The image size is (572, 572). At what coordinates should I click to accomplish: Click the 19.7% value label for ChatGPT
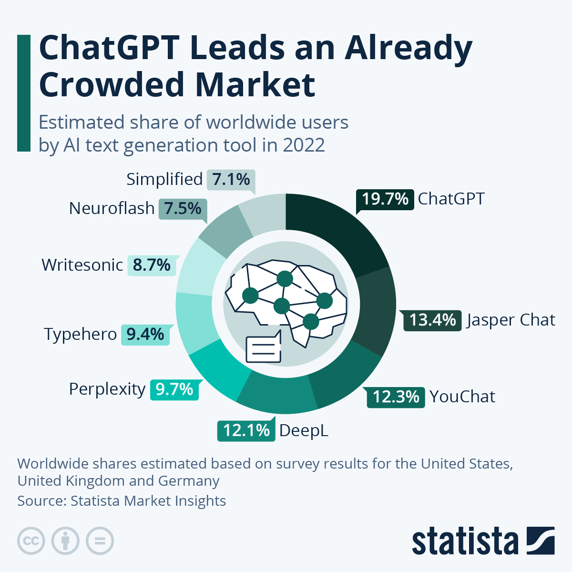pos(385,199)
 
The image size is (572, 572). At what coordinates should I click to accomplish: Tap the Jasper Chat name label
pos(511,320)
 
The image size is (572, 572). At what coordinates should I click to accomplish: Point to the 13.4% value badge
pos(432,320)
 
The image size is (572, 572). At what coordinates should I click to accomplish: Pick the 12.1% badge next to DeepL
pos(246,430)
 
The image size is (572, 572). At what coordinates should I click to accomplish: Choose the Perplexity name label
pos(107,389)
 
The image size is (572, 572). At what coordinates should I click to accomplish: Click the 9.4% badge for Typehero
pos(145,335)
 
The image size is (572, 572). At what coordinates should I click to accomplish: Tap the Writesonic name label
pos(82,265)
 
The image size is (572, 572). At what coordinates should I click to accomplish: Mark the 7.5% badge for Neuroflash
pos(183,209)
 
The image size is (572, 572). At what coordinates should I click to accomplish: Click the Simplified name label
pos(164,179)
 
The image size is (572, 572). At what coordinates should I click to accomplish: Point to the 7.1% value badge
pos(231,180)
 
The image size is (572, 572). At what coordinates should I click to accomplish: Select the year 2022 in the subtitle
pos(304,145)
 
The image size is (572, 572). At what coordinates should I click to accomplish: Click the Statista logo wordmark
pos(465,541)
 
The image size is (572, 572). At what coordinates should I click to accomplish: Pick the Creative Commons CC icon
pos(31,541)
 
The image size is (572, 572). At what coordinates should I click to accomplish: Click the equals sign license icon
pos(100,541)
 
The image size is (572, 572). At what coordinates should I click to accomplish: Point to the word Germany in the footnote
pos(189,481)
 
